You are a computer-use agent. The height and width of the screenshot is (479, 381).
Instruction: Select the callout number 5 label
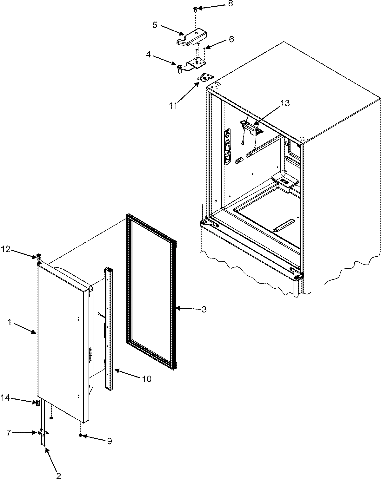pyautogui.click(x=155, y=25)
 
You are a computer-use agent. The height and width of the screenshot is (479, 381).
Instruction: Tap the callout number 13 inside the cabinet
pyautogui.click(x=285, y=103)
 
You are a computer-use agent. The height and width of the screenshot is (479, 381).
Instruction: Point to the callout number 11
pyautogui.click(x=173, y=106)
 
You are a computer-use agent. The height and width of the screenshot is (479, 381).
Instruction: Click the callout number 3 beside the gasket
pyautogui.click(x=204, y=309)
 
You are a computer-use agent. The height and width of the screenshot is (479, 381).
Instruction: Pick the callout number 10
pyautogui.click(x=147, y=378)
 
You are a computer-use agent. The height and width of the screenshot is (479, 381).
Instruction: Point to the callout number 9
pyautogui.click(x=109, y=441)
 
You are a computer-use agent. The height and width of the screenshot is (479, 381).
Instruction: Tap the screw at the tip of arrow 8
pyautogui.click(x=196, y=9)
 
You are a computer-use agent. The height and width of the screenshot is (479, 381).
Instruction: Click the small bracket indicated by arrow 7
pyautogui.click(x=43, y=433)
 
